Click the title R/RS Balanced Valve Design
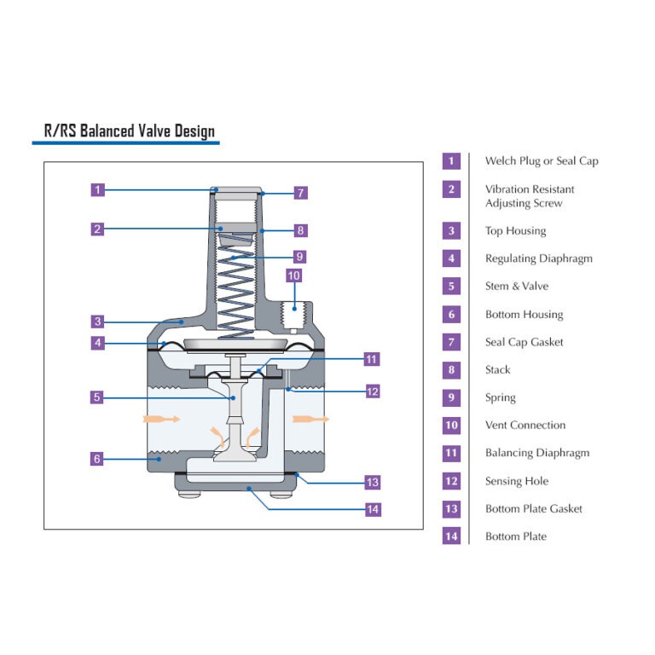(130, 130)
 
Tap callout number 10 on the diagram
(293, 275)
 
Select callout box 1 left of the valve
(99, 190)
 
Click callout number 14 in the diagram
(372, 510)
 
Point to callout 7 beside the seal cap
(300, 193)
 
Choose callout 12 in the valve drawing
(372, 391)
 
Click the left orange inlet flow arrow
(159, 419)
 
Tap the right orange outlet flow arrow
(310, 419)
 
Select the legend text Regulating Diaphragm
(538, 258)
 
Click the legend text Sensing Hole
(517, 481)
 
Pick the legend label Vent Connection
(525, 425)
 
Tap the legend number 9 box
(451, 397)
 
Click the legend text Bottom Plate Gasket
(533, 508)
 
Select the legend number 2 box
(451, 189)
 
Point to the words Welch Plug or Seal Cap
(542, 161)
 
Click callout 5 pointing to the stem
(99, 397)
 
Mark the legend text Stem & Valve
(517, 287)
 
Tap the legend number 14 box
(451, 536)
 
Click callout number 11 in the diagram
(371, 359)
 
